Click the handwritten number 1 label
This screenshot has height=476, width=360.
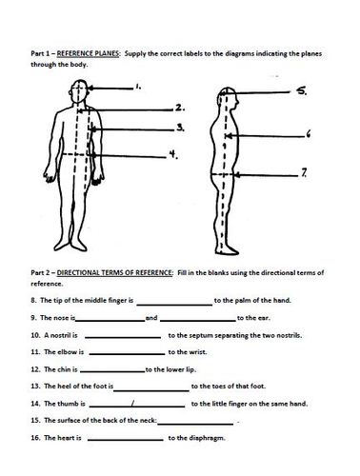[138, 87]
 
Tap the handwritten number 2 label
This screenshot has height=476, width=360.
[180, 108]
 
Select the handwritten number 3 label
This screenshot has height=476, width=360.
[181, 128]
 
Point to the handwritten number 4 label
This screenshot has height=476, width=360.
[173, 154]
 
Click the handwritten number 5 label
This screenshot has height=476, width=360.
[302, 91]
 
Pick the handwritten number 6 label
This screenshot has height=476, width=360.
[309, 134]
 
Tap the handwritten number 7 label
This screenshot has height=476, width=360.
[304, 172]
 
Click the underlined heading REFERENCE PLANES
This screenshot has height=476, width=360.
[88, 53]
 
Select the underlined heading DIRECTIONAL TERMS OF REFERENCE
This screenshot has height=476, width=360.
[114, 272]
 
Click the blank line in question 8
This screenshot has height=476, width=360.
[174, 305]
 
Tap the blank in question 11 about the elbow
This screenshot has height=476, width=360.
[127, 354]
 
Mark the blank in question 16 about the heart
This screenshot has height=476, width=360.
[126, 440]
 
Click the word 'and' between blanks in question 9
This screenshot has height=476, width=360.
[151, 318]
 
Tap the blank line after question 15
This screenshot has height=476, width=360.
[195, 424]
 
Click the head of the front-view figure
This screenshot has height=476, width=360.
[79, 91]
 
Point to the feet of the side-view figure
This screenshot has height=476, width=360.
[227, 250]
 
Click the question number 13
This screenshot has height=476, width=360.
[35, 387]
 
